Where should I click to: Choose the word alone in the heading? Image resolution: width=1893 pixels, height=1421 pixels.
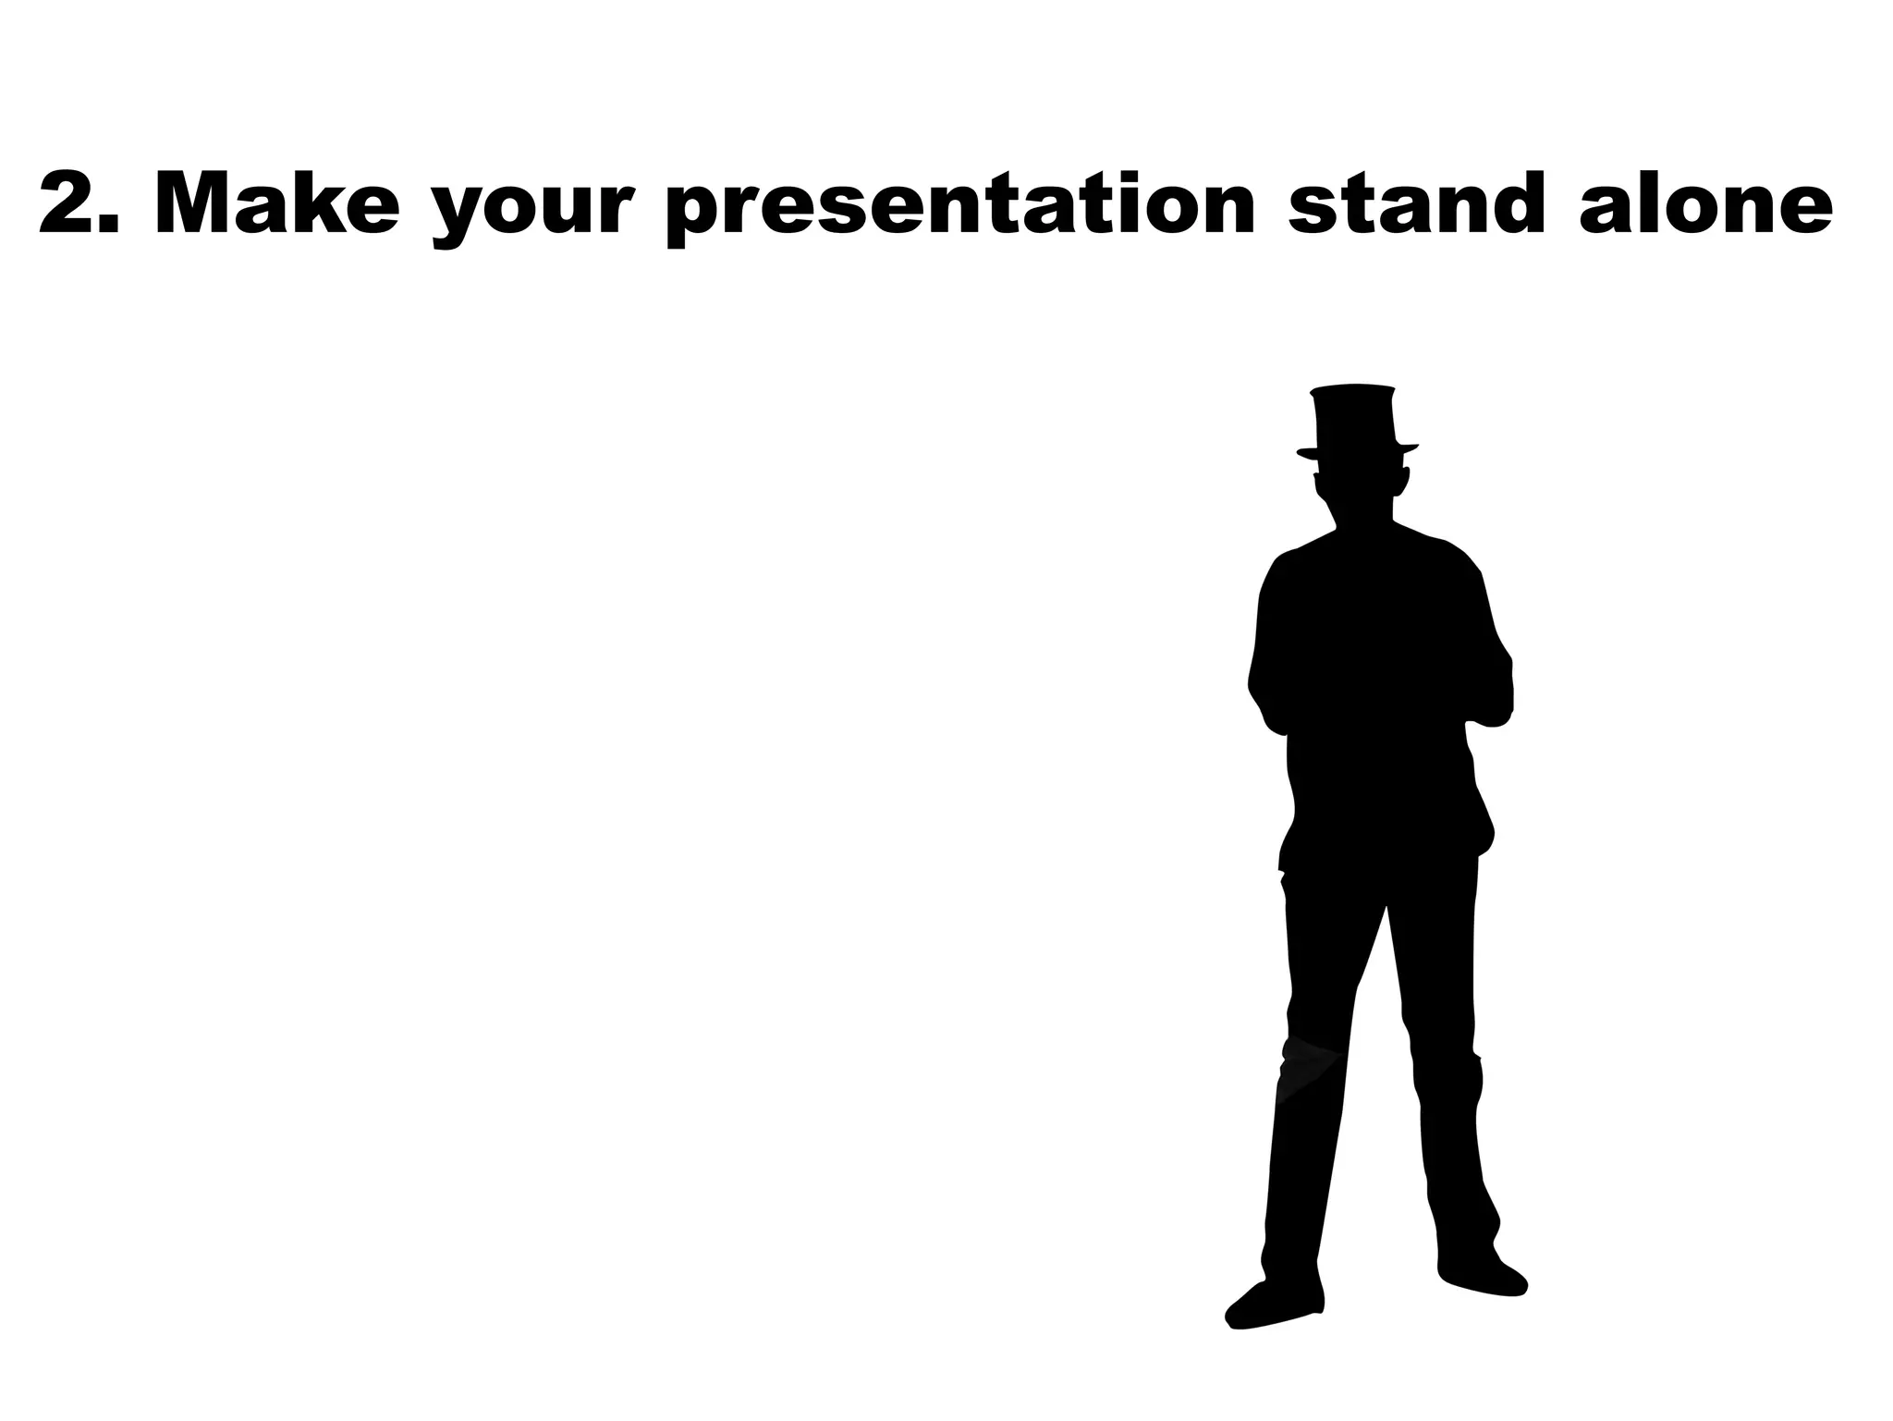pos(1705,203)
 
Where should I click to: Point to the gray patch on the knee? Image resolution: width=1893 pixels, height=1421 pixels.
pos(1308,1068)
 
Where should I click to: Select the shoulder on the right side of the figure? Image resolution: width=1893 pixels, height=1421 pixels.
pos(1451,555)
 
